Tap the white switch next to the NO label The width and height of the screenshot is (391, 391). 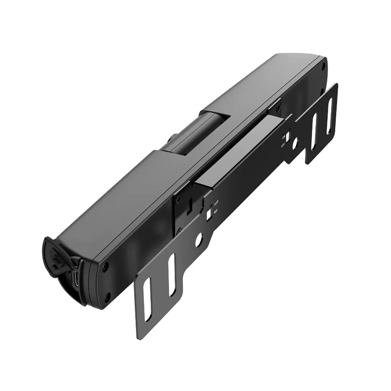[209, 213]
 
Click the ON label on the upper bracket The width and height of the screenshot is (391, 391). [283, 136]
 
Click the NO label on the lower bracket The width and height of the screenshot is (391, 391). [215, 211]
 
